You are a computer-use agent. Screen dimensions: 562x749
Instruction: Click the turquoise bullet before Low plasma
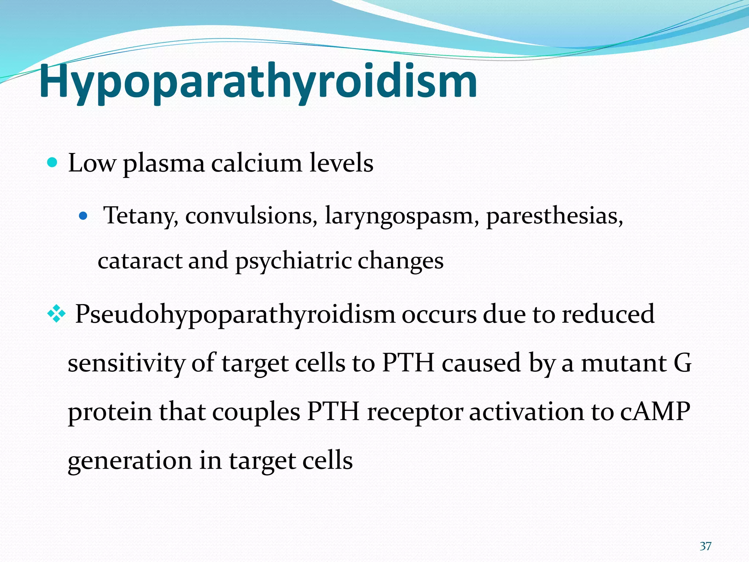pos(53,162)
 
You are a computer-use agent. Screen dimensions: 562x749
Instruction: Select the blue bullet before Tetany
pos(83,216)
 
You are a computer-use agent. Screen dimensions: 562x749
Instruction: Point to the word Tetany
pos(141,216)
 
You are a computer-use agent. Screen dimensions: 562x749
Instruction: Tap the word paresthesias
pos(554,216)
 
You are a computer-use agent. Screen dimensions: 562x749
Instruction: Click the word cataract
pos(140,261)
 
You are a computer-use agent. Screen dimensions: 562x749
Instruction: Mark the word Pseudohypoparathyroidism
pos(235,314)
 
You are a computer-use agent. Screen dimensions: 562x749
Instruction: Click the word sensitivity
pos(126,363)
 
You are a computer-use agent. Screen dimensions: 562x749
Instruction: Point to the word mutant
pos(624,363)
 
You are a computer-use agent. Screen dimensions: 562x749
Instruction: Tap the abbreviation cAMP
pos(655,412)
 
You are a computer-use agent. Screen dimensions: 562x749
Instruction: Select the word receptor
pos(415,412)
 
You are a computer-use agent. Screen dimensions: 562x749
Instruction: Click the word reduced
pos(608,314)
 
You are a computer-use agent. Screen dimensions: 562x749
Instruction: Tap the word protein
pos(110,412)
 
